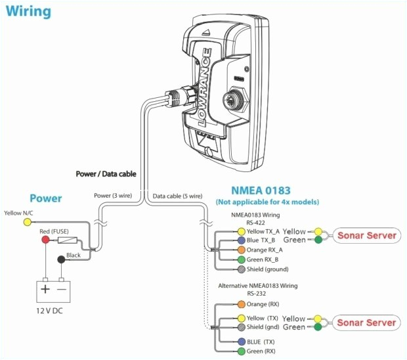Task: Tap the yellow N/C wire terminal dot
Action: [x=27, y=222]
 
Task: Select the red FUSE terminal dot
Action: [x=45, y=240]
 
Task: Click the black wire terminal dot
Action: [x=61, y=260]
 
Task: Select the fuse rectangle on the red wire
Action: [x=68, y=241]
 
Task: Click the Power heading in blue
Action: [x=46, y=198]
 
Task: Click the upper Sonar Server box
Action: [x=367, y=235]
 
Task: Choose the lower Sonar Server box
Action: [x=367, y=323]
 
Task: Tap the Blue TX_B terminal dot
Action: [x=241, y=241]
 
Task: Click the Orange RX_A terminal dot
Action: [x=241, y=250]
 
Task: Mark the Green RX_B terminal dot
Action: [x=241, y=259]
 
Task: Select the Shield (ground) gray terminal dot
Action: [x=241, y=269]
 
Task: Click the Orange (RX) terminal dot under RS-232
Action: [x=241, y=305]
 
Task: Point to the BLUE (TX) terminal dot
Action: [x=241, y=342]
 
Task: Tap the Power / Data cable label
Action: [x=105, y=174]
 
